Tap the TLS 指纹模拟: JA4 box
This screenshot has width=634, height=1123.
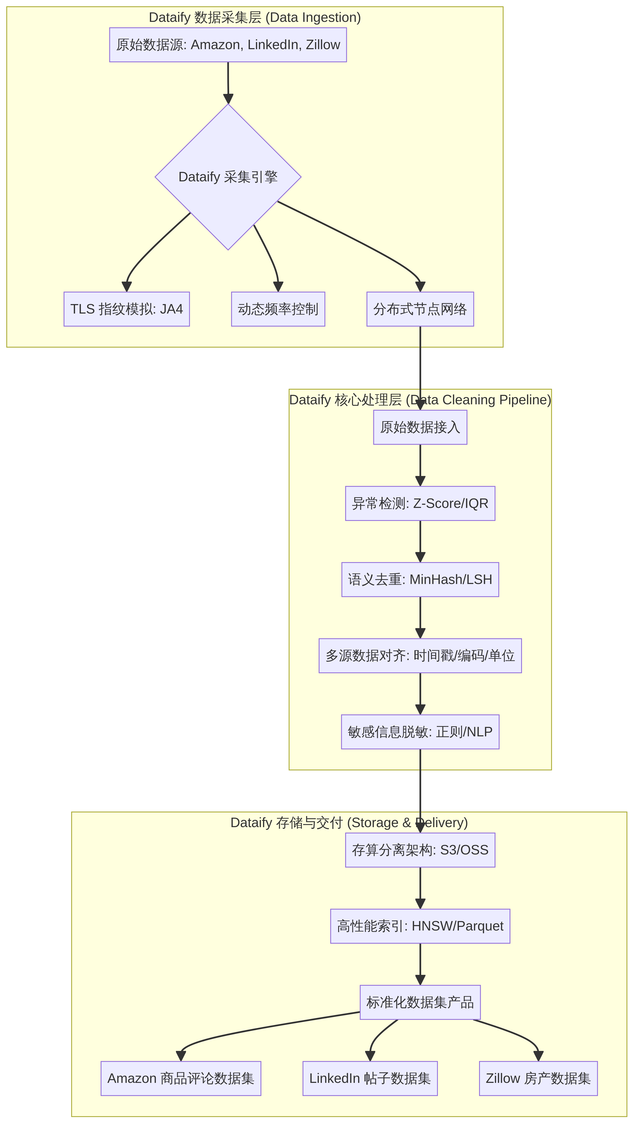click(127, 309)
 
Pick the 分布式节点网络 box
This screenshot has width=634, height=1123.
click(420, 309)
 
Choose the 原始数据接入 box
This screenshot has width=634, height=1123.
click(420, 427)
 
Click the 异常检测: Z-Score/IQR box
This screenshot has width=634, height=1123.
click(420, 504)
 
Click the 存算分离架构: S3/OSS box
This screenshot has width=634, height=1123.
click(420, 850)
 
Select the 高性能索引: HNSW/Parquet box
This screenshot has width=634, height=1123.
click(420, 926)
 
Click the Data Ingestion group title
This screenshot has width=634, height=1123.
click(255, 17)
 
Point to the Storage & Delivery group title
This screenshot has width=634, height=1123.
click(349, 823)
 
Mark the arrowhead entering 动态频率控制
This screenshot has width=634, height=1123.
click(278, 287)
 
